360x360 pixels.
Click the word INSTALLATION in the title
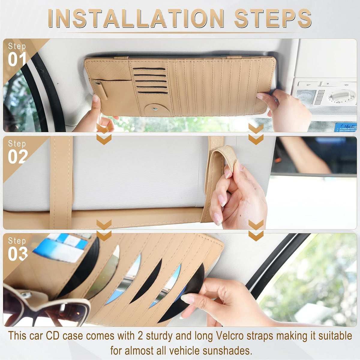click(136, 18)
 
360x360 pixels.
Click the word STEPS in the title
click(273, 18)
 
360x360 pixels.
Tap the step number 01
click(17, 59)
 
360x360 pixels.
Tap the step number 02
click(18, 157)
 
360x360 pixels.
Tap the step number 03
click(18, 254)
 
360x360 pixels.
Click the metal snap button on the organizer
click(155, 109)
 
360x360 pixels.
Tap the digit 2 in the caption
click(141, 335)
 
